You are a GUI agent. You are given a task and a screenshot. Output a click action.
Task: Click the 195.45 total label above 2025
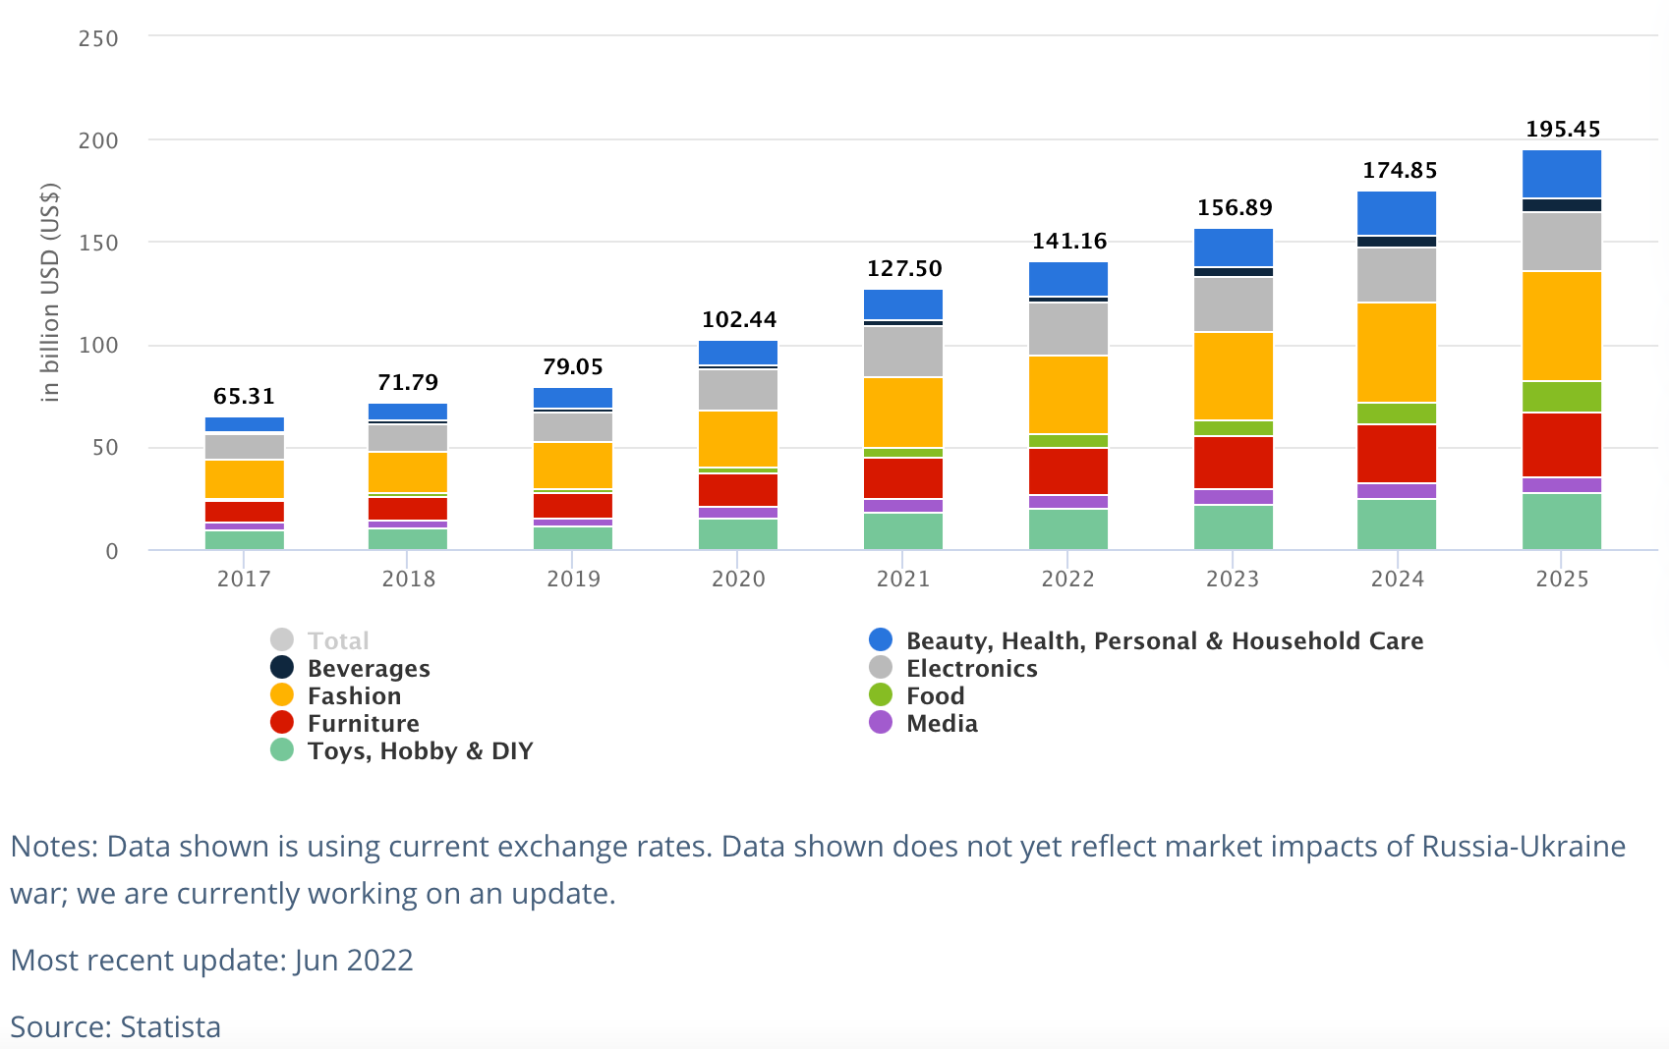tap(1562, 130)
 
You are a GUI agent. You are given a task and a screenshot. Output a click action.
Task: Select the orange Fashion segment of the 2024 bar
tap(1397, 353)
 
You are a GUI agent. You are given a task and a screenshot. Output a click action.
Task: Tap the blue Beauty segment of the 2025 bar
tap(1562, 174)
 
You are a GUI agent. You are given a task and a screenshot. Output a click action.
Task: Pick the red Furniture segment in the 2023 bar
tap(1233, 462)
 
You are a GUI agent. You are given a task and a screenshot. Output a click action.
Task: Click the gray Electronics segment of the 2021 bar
tap(903, 351)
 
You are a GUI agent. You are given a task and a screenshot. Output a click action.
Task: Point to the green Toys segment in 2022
tap(1068, 529)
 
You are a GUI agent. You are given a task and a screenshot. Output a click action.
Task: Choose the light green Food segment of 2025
tap(1562, 396)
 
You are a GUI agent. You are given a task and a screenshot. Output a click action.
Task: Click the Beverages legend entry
tap(369, 669)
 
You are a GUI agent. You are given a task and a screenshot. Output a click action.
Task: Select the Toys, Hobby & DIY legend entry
tap(420, 751)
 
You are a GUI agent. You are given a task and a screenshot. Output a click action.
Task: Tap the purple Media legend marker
tap(881, 723)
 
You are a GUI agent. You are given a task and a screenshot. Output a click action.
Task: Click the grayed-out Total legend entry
tap(338, 641)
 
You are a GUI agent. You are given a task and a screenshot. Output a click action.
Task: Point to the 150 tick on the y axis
tap(98, 243)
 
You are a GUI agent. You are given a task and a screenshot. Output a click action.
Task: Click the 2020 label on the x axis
tap(738, 579)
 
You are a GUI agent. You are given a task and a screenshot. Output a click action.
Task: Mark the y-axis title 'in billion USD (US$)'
tap(50, 293)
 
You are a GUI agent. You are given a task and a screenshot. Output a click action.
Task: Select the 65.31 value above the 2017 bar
tap(244, 397)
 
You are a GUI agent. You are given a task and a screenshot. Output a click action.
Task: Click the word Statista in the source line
tap(170, 1026)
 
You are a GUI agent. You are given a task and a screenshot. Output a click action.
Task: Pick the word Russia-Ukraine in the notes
tap(1524, 847)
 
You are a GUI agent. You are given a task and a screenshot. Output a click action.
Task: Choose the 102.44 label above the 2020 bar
tap(738, 320)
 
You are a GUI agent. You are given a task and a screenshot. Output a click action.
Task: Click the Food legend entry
tap(935, 696)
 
